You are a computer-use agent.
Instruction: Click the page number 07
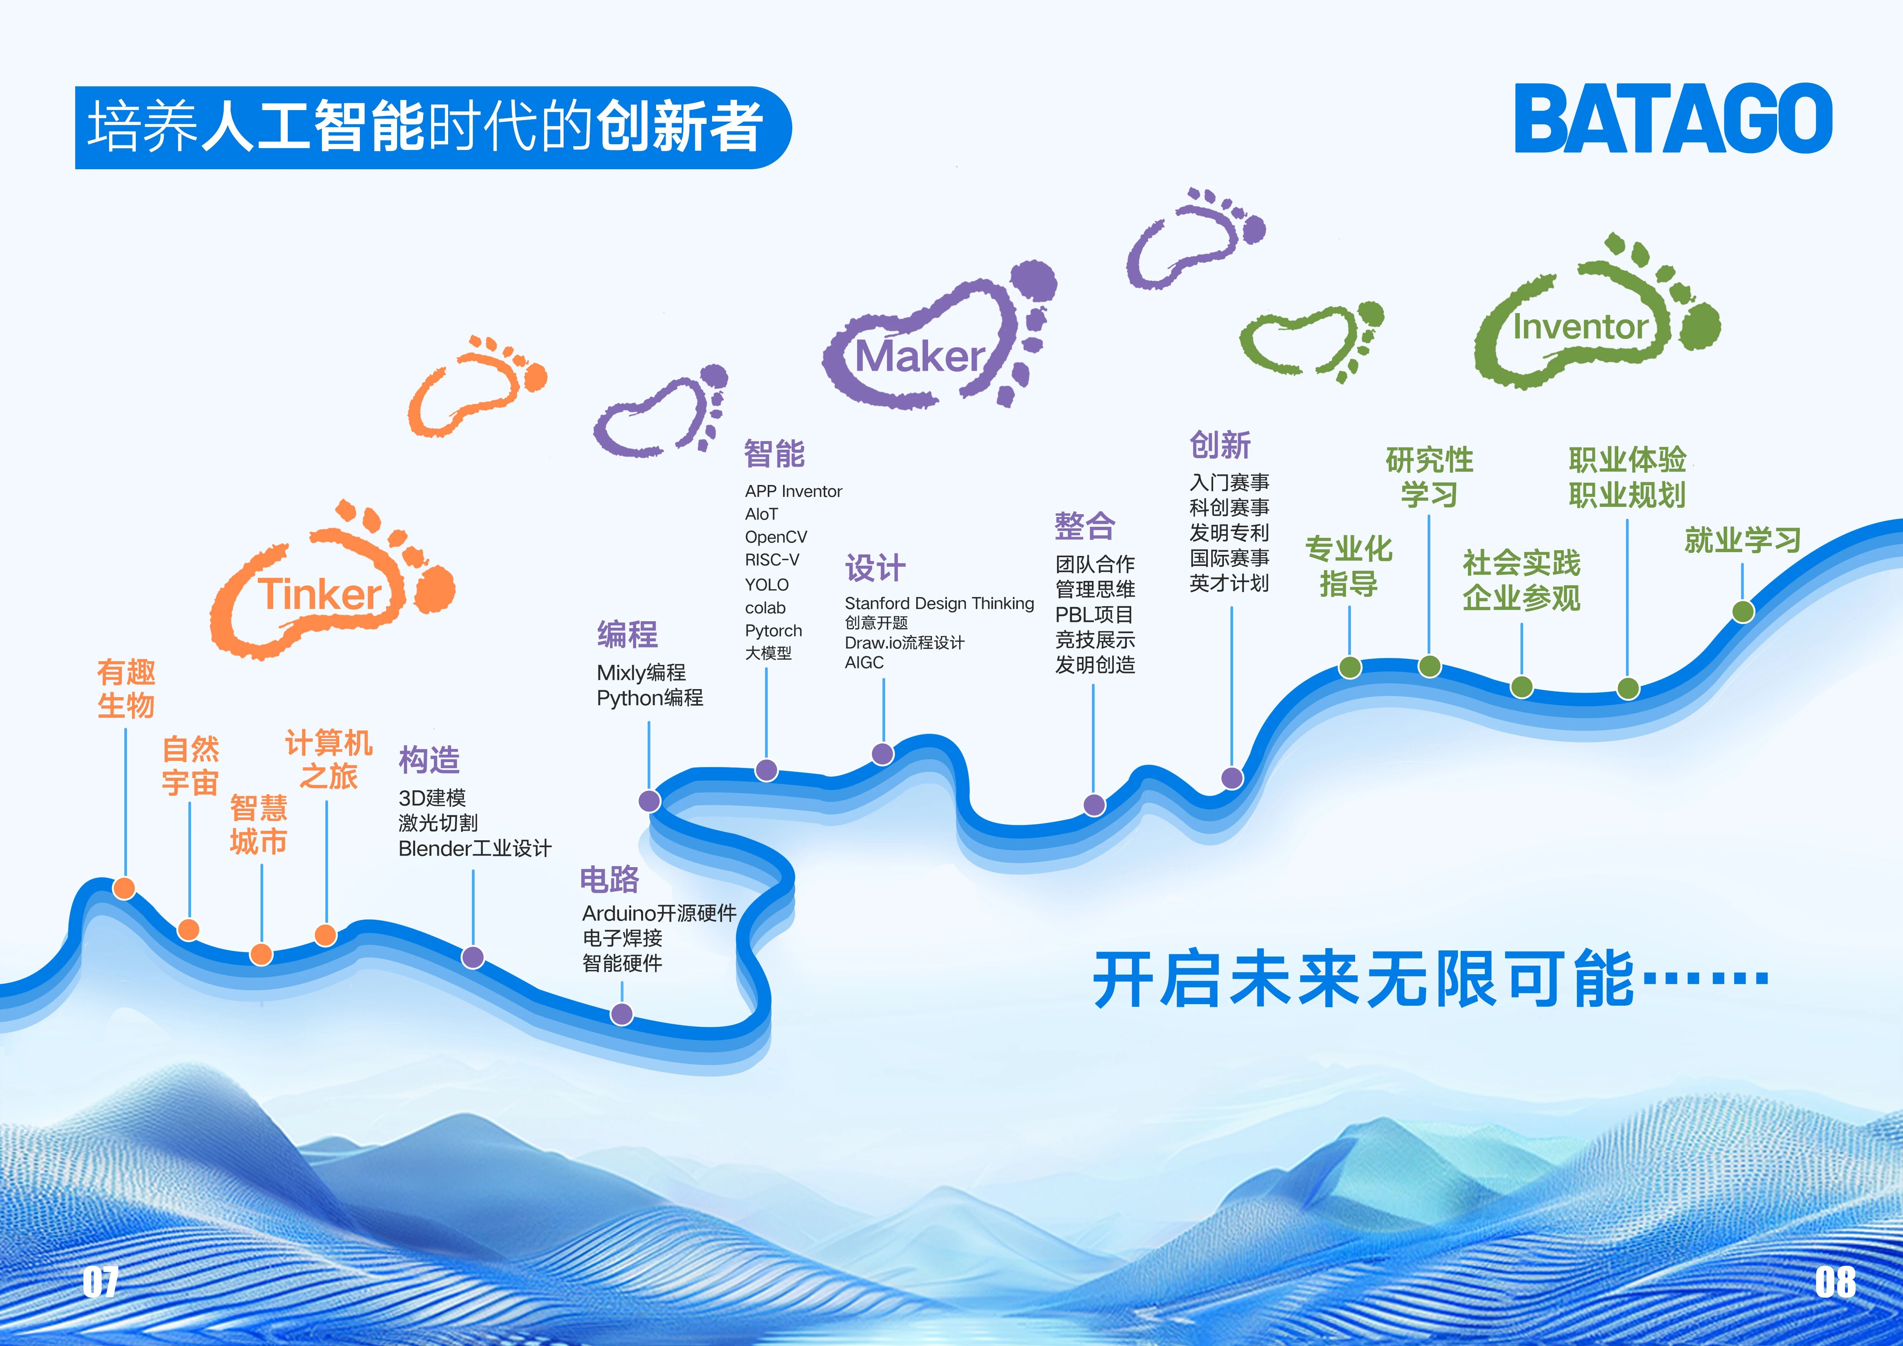100,1282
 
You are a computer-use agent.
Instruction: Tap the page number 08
1835,1282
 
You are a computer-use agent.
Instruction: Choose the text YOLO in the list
767,584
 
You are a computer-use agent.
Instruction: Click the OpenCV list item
776,537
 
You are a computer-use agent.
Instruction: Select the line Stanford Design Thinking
939,604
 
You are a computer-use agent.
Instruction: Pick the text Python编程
650,698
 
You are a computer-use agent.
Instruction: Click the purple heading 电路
610,879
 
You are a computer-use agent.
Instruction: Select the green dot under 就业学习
1743,612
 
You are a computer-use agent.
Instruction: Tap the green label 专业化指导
1349,566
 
